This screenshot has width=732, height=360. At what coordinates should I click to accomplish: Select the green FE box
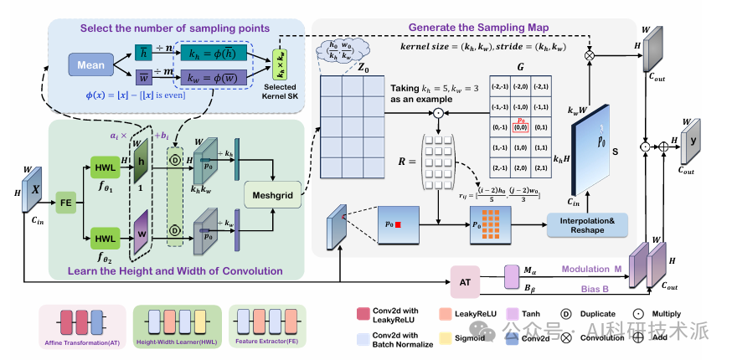point(64,202)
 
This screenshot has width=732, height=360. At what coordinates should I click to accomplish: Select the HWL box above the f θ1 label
point(103,170)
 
